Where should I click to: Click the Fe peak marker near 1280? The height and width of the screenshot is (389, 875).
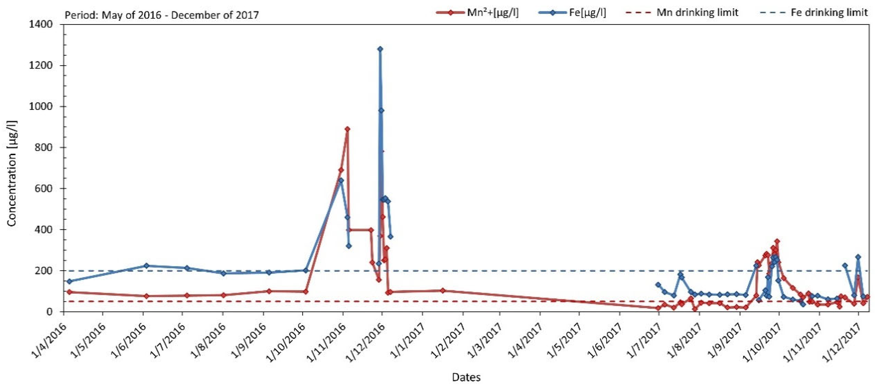coord(380,49)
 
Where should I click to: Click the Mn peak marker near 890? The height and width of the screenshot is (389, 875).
coord(347,129)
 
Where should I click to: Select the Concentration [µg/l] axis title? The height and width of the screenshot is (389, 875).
coord(12,173)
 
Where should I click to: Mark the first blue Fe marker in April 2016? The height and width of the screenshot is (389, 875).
coord(70,281)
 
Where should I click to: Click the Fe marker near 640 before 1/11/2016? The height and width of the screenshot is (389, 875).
coord(341,180)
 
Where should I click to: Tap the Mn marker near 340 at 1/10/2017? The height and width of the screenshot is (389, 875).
coord(777,241)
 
